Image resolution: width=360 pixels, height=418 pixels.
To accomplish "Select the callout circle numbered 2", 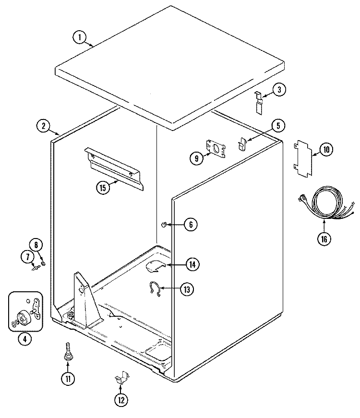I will (44, 126).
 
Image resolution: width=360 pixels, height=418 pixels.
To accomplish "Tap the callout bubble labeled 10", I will (326, 150).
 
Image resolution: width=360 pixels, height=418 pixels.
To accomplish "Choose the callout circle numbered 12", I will (121, 399).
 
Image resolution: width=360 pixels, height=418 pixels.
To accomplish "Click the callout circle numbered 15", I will (103, 188).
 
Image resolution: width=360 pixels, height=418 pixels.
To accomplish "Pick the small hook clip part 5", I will (242, 142).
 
